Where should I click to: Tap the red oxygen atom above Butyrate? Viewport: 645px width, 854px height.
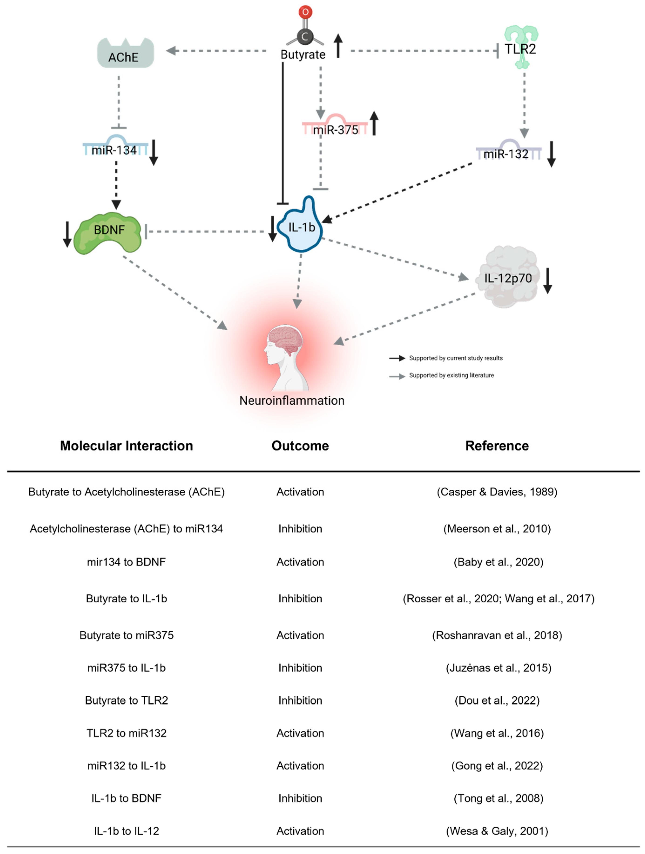[x=305, y=12]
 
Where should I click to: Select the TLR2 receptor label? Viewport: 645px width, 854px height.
[x=520, y=49]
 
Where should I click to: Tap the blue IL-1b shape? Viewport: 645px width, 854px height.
[x=303, y=228]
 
